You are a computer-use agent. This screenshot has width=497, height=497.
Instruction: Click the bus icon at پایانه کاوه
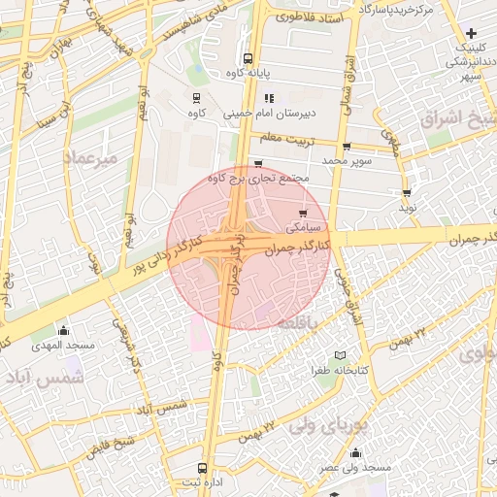[249, 58]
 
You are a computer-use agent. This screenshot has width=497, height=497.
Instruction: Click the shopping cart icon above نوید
[407, 193]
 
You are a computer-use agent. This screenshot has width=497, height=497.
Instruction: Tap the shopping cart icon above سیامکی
[303, 213]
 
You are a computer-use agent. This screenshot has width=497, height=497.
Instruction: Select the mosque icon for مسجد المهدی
[64, 330]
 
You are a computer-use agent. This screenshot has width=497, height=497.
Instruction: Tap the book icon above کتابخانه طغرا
[338, 355]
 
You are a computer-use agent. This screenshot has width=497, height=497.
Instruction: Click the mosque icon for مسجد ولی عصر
[355, 452]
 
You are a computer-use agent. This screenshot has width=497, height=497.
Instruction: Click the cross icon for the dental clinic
[471, 33]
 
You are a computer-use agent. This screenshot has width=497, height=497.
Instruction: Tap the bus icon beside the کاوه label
[198, 97]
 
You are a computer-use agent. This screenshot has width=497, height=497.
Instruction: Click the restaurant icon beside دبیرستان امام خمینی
[269, 97]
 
